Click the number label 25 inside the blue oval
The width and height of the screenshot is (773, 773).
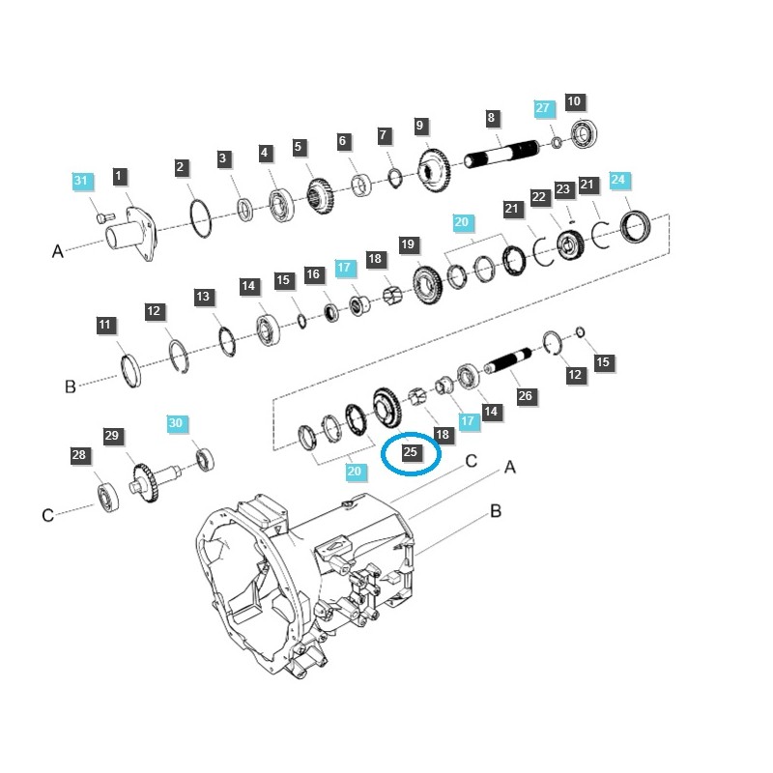[x=411, y=450]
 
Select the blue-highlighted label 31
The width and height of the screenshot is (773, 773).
[x=81, y=181]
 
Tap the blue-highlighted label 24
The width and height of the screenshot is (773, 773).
[x=618, y=180]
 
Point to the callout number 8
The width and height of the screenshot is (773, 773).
[x=491, y=118]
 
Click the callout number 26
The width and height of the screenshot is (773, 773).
[x=525, y=395]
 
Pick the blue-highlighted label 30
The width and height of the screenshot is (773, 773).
[x=175, y=423]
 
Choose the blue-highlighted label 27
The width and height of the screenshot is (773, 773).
[x=542, y=109]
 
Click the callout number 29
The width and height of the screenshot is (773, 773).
[x=112, y=436]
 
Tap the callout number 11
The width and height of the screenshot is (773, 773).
[x=104, y=325]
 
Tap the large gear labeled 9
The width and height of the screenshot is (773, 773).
[x=435, y=170]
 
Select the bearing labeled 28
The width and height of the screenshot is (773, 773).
[x=105, y=495]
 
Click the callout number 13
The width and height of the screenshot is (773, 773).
[x=203, y=297]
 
